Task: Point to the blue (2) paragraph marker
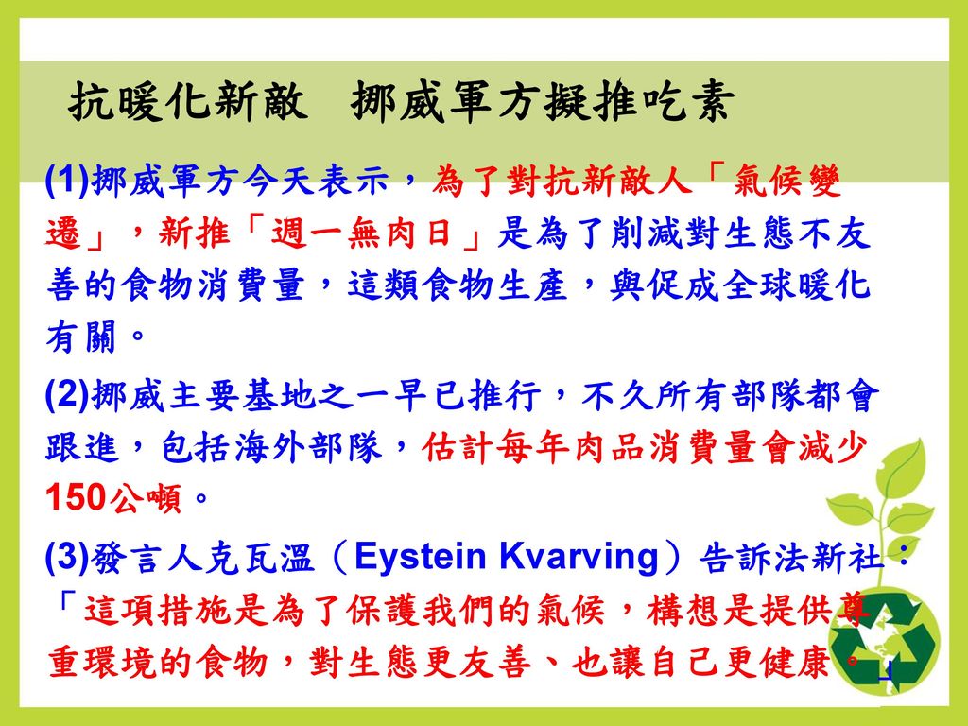[x=68, y=395]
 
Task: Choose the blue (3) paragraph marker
[x=68, y=556]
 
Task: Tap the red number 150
[x=77, y=497]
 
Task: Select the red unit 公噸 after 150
[x=145, y=497]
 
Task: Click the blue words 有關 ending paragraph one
[x=81, y=337]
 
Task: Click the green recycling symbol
[x=884, y=641]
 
